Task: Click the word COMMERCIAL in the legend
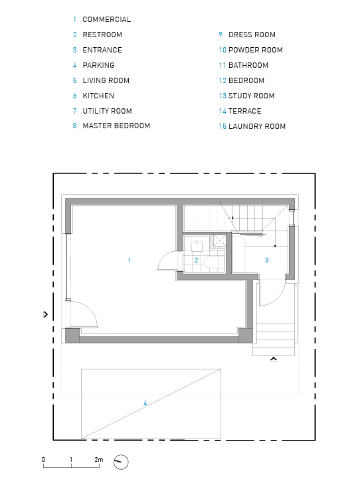point(107,19)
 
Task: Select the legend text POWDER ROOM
point(256,50)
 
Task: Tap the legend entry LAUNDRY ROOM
point(257,126)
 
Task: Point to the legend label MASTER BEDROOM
point(116,126)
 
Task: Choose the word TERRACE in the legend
point(245,111)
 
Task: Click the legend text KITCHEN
point(98,96)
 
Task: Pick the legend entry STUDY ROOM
point(252,96)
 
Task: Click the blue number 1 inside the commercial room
point(130,260)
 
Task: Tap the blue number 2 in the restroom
point(196,260)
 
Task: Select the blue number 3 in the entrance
point(266,260)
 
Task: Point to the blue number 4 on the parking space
point(145,403)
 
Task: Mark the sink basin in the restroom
point(197,246)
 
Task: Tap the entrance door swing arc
point(279,299)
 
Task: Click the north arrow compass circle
point(121,462)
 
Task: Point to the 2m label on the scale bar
point(99,460)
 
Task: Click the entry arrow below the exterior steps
point(274,359)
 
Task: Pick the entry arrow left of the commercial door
point(46,314)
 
